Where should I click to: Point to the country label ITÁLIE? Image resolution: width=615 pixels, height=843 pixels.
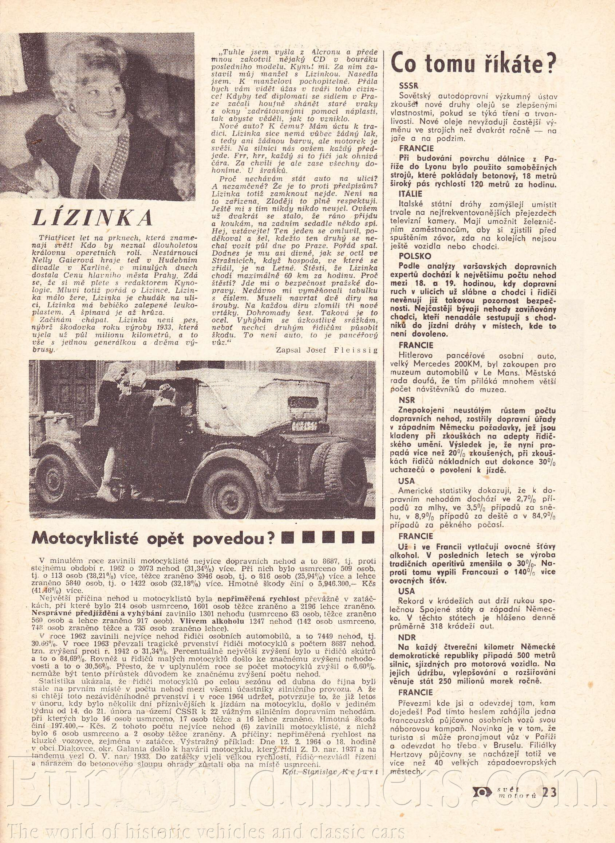click(x=410, y=194)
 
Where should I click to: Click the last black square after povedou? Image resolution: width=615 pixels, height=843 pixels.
click(x=368, y=537)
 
